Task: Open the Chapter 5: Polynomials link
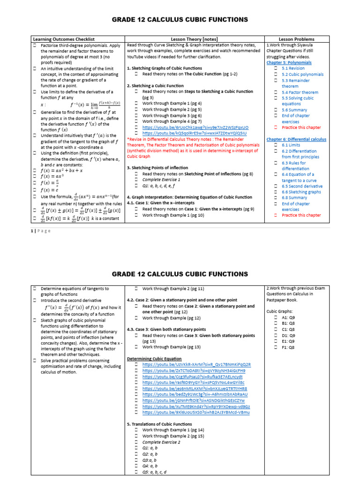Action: pos(289,62)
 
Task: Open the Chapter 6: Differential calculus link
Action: pos(296,139)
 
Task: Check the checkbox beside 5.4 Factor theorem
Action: pos(277,92)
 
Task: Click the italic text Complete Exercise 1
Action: pos(161,180)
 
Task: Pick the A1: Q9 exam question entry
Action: pos(288,317)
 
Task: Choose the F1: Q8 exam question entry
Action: pos(288,347)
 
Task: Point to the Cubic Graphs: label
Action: pos(280,311)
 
